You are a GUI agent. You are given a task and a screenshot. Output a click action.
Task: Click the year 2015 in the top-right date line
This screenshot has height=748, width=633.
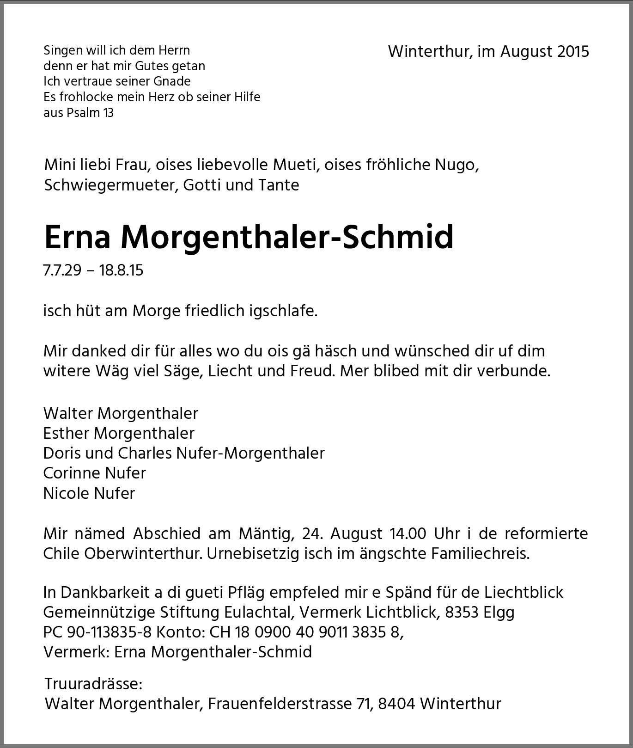(573, 51)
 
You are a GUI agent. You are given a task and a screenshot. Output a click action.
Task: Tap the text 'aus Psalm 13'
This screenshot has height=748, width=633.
(79, 113)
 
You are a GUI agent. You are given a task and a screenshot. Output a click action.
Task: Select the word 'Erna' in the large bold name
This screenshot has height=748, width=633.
(78, 237)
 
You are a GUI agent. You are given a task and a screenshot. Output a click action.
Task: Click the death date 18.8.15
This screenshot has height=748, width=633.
(121, 270)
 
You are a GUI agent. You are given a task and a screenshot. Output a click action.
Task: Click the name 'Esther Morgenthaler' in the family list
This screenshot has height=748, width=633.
(119, 433)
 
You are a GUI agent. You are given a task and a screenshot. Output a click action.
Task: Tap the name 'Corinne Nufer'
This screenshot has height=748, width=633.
(94, 473)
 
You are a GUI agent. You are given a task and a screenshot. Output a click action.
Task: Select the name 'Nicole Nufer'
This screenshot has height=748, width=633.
(89, 493)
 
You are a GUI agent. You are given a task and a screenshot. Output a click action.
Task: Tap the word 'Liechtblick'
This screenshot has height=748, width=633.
(523, 592)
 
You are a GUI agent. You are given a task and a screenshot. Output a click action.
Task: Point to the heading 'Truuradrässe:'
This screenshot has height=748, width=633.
(93, 684)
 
